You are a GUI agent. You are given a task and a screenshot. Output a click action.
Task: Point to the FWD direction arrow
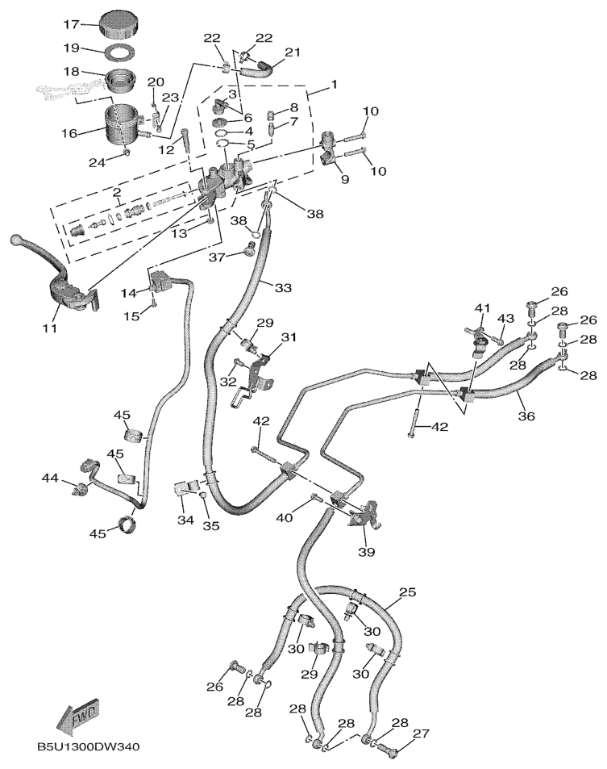[77, 714]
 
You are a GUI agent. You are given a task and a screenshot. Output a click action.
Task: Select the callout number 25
[408, 593]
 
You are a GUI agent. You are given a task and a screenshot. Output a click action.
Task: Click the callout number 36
[526, 417]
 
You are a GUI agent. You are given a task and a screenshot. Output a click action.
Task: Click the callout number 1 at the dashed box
[334, 84]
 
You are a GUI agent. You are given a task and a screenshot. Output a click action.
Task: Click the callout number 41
[482, 307]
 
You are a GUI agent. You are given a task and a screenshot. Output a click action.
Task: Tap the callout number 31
[289, 336]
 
